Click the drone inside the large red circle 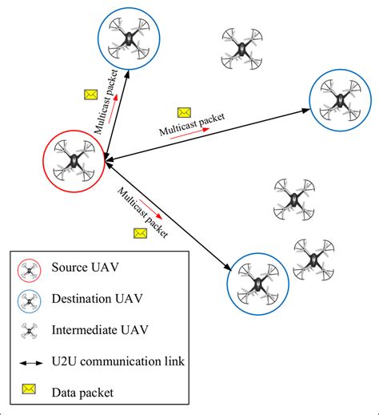74,159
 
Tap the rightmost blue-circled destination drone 341,100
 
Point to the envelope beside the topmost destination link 90,95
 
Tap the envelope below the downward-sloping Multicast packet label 140,233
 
